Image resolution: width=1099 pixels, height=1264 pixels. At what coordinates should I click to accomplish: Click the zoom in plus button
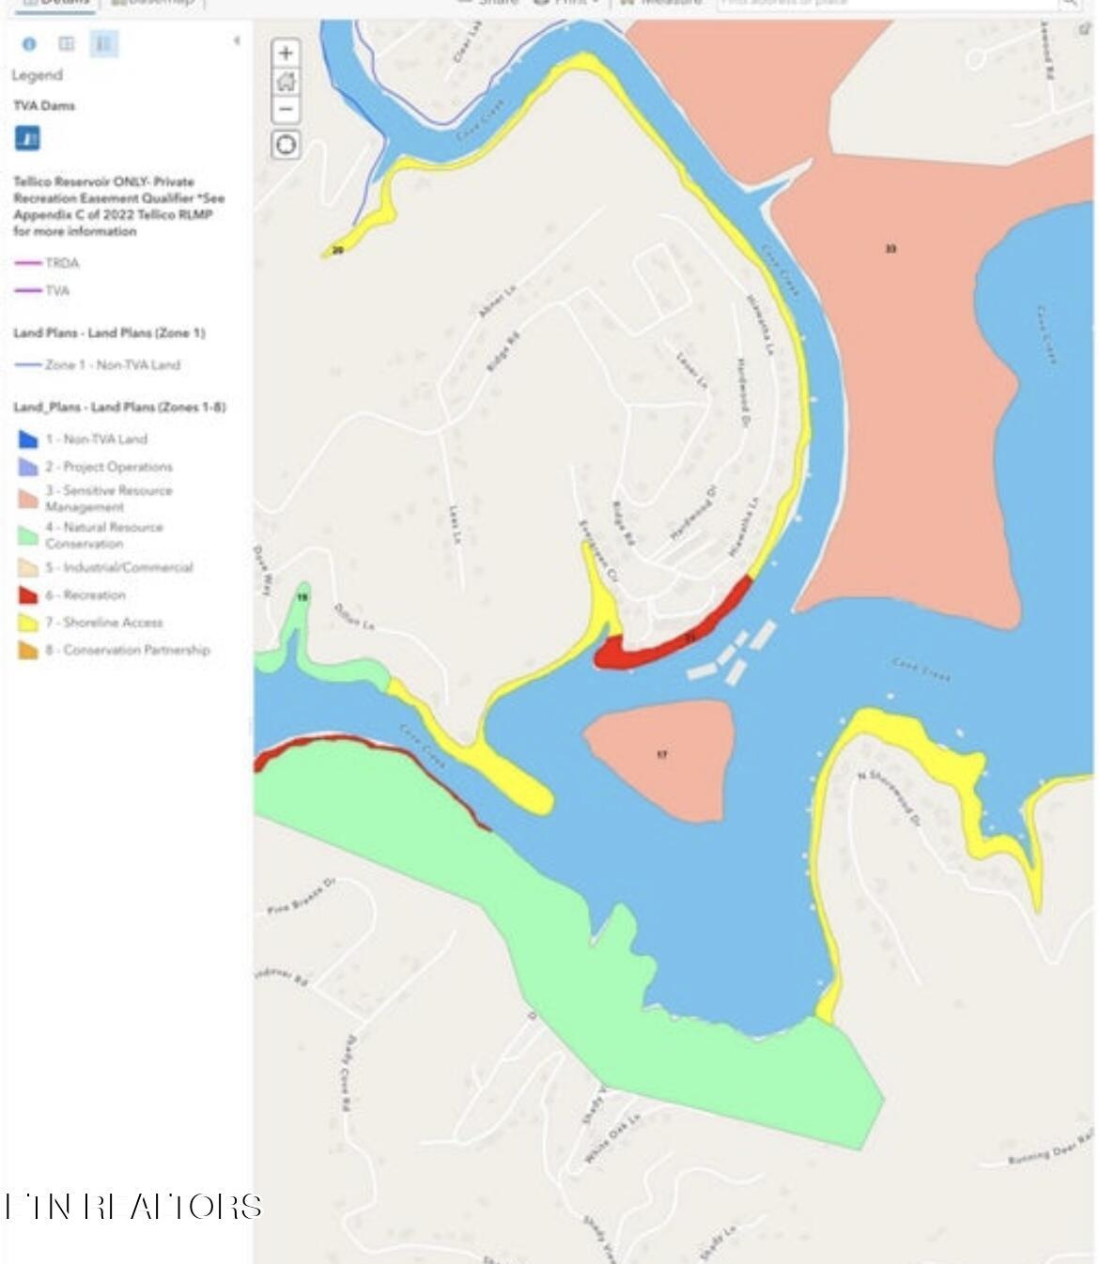pyautogui.click(x=286, y=53)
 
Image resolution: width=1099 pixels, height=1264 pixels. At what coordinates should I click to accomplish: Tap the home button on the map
pyautogui.click(x=286, y=82)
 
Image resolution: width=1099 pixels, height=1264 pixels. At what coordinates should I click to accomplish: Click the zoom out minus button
pyautogui.click(x=286, y=109)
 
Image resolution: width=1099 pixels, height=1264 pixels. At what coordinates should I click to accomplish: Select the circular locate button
pyautogui.click(x=286, y=145)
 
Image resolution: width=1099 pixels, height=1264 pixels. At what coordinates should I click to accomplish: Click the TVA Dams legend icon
pyautogui.click(x=27, y=139)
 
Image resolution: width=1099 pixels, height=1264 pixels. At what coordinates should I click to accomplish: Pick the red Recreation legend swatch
pyautogui.click(x=28, y=595)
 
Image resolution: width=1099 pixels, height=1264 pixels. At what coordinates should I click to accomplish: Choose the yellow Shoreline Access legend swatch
pyautogui.click(x=28, y=623)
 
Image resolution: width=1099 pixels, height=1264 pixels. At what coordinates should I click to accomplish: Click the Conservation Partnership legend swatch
pyautogui.click(x=28, y=650)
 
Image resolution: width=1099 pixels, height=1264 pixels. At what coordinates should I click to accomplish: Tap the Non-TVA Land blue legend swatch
pyautogui.click(x=28, y=439)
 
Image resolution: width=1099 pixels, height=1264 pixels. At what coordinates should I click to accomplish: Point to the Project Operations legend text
pyautogui.click(x=117, y=467)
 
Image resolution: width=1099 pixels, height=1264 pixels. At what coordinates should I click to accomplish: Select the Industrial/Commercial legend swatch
pyautogui.click(x=28, y=567)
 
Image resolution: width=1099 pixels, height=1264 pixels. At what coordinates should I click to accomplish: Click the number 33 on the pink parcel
pyautogui.click(x=890, y=249)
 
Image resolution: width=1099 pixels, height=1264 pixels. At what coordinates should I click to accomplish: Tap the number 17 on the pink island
pyautogui.click(x=662, y=754)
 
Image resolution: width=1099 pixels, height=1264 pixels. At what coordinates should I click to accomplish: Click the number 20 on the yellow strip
pyautogui.click(x=337, y=251)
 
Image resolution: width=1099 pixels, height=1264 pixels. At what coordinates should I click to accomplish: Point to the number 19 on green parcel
pyautogui.click(x=302, y=597)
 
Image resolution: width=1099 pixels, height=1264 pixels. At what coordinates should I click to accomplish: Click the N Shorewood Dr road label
pyautogui.click(x=888, y=796)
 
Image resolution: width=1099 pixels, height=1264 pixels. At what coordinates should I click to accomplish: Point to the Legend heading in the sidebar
pyautogui.click(x=37, y=75)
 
